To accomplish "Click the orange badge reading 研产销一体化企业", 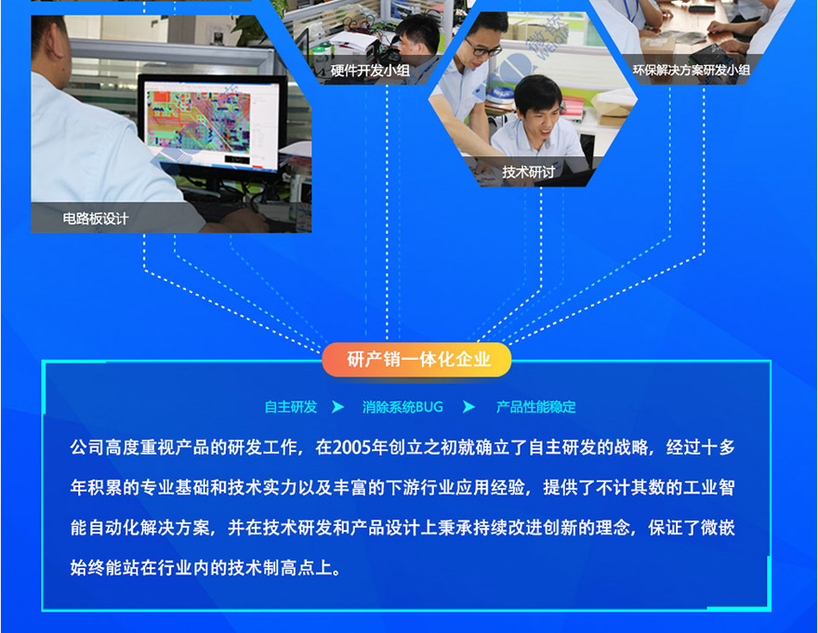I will coord(416,360).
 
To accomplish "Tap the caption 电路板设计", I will coord(96,218).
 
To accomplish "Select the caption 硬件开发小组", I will coord(370,71).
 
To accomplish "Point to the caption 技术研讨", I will coord(528,172).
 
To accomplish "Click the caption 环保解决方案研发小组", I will coord(691,70).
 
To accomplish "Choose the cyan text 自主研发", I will coord(291,407).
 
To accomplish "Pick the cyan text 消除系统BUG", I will coord(402,407).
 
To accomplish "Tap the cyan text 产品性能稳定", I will coord(535,407).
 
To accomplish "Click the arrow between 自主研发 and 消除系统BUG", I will coord(337,407).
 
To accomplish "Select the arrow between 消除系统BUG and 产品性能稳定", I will coord(468,407).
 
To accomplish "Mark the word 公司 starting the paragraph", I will coord(86,448).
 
